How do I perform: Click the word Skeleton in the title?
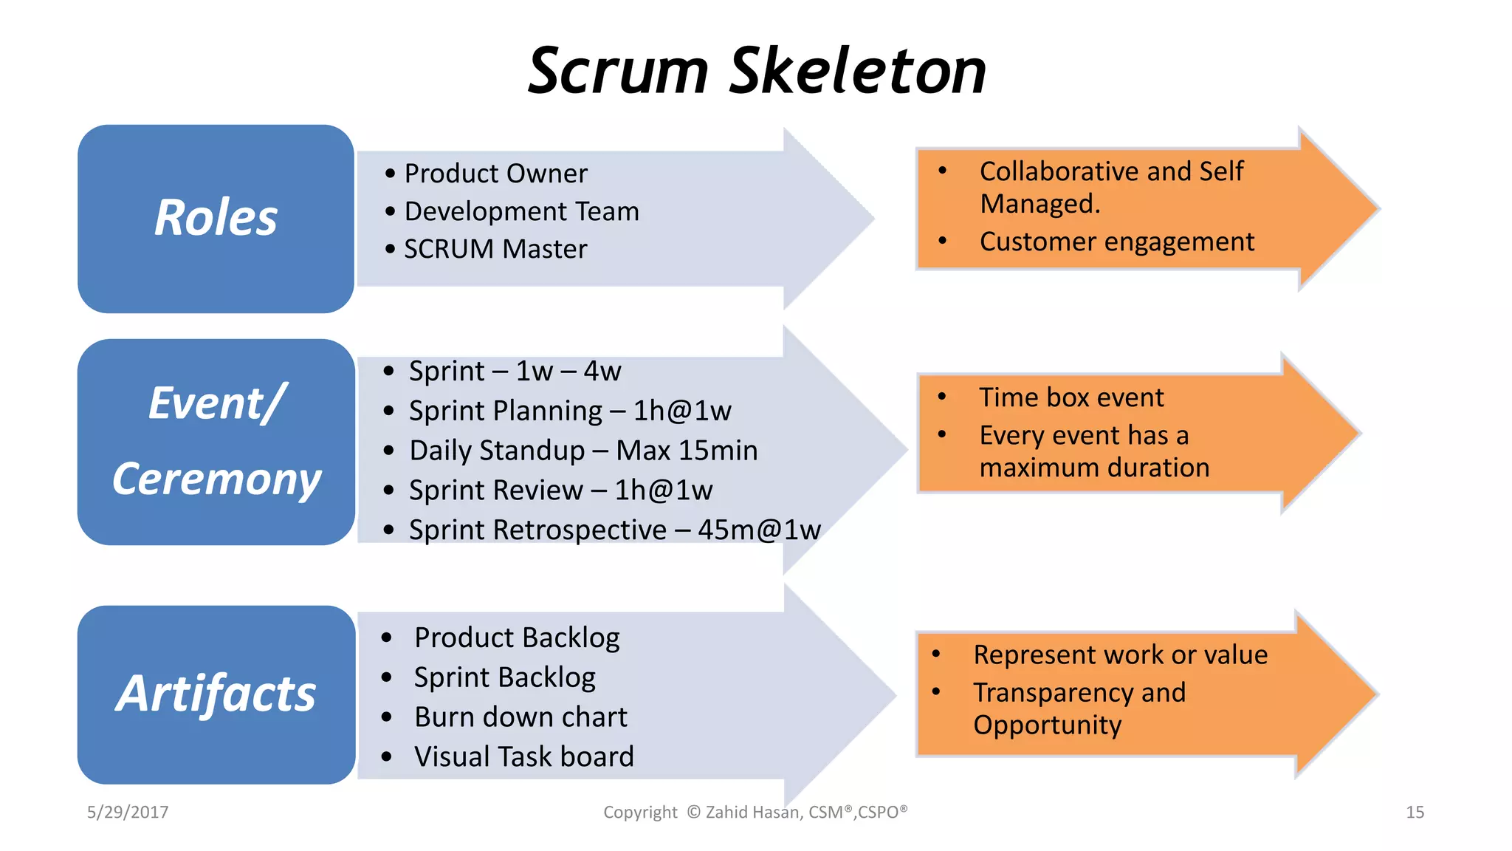click(857, 71)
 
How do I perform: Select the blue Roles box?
click(216, 219)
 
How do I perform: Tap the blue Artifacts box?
click(216, 694)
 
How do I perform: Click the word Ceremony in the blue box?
click(216, 479)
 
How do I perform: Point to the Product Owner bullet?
click(495, 174)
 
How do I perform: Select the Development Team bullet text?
click(521, 211)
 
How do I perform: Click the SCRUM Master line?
click(495, 249)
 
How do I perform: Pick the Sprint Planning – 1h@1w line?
click(570, 411)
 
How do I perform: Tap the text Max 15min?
click(687, 451)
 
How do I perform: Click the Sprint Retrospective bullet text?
click(614, 530)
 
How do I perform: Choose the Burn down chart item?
click(520, 717)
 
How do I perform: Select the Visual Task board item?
click(523, 757)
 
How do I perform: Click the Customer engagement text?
click(1116, 242)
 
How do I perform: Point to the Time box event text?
click(1071, 397)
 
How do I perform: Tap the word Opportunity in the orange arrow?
click(1047, 725)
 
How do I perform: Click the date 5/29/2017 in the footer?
click(128, 813)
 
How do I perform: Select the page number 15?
click(1415, 813)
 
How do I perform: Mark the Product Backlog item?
click(517, 638)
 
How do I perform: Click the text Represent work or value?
click(1120, 655)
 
